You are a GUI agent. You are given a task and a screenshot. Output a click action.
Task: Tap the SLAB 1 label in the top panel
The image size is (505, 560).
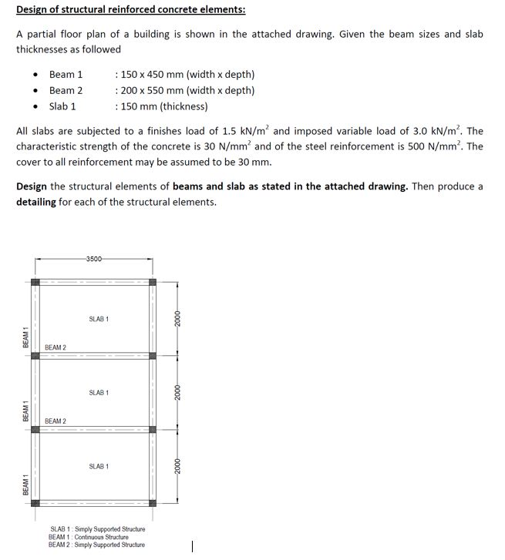click(99, 319)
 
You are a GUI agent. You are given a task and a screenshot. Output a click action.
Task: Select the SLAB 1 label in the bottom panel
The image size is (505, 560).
click(99, 467)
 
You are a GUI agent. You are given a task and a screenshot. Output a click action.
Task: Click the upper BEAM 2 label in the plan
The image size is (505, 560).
click(56, 348)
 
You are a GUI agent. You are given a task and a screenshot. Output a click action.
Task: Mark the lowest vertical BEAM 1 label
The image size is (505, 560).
click(25, 485)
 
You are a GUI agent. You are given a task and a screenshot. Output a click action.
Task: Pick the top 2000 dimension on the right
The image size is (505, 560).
click(177, 319)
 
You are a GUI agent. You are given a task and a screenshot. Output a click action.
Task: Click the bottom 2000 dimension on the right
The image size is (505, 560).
click(177, 467)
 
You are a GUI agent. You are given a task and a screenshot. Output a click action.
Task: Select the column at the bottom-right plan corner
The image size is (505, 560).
click(153, 504)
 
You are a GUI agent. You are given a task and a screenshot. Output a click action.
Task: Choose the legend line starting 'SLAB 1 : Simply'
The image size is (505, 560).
click(97, 530)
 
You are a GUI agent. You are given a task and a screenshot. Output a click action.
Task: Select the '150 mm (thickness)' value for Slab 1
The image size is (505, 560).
click(163, 106)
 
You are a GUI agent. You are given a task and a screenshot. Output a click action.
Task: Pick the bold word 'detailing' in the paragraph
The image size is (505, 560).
click(36, 202)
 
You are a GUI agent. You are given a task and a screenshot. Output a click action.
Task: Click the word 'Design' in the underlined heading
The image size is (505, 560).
click(33, 9)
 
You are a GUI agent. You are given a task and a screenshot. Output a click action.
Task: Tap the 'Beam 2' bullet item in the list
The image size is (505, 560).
click(66, 90)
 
